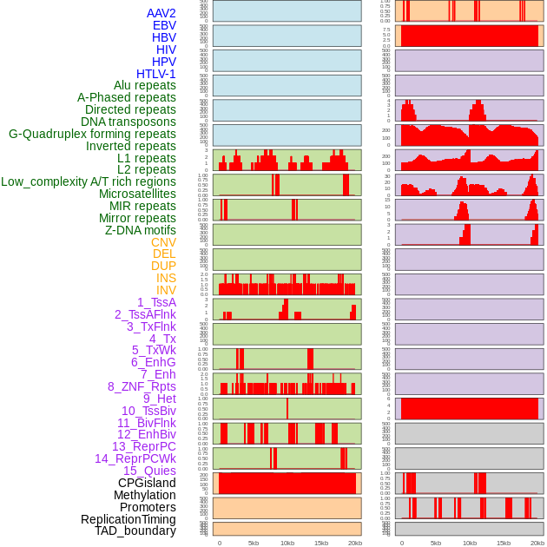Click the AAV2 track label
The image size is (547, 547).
(161, 13)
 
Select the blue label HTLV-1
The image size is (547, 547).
(155, 74)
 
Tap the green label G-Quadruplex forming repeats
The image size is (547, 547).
(92, 134)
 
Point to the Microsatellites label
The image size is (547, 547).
(137, 194)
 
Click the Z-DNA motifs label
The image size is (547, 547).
(140, 230)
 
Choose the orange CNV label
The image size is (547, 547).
(163, 242)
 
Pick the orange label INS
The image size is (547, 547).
(166, 278)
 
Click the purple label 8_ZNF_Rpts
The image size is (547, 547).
(142, 386)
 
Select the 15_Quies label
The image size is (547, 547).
(148, 471)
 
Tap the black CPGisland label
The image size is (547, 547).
(147, 483)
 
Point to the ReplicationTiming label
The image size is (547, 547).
(128, 519)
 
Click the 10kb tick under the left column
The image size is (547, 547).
(287, 543)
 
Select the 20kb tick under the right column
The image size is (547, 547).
(537, 543)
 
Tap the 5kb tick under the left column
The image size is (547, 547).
(253, 543)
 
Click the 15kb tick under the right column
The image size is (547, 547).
(503, 543)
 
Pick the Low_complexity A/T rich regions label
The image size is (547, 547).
(89, 181)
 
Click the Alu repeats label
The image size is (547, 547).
(144, 85)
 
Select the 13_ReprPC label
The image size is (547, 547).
(143, 446)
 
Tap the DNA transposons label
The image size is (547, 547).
(129, 122)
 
